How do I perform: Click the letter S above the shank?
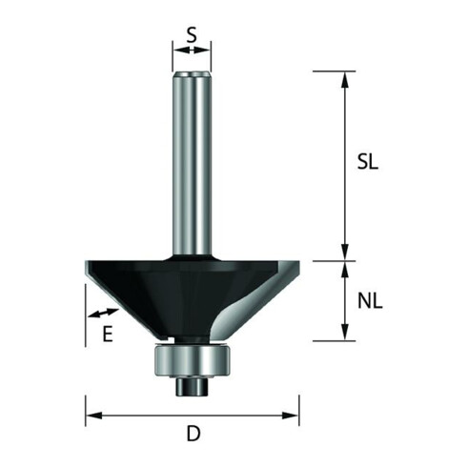[192, 34]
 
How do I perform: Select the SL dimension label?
[368, 162]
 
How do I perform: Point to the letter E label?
[108, 334]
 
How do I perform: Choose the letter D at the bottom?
[193, 434]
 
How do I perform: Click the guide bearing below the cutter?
[192, 361]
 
